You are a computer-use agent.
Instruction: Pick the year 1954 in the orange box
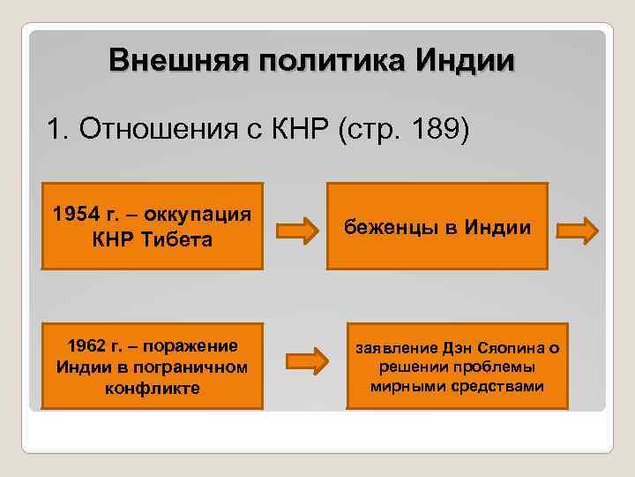tap(76, 214)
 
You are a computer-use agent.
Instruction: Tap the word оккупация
tap(200, 214)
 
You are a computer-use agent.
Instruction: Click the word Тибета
tap(180, 239)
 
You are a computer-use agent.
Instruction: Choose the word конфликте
tap(153, 388)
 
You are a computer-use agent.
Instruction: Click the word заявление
tap(396, 345)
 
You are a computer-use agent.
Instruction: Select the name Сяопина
tap(512, 345)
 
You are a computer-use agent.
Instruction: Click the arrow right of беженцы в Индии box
tap(579, 231)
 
